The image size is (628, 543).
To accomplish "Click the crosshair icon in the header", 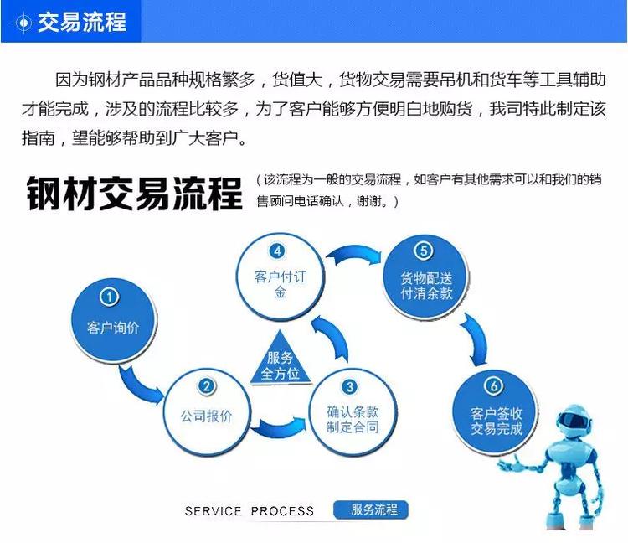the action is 23,23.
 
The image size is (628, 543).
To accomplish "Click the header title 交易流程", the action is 82,22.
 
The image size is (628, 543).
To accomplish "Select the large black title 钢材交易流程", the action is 134,194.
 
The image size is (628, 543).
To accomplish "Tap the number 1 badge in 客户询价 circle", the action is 109,297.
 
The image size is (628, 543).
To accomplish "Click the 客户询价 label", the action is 113,328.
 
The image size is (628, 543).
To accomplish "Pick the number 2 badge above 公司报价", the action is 207,386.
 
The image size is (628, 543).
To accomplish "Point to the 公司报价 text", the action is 206,416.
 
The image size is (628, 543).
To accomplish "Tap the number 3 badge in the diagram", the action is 350,386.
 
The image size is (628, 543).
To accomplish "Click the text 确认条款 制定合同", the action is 353,420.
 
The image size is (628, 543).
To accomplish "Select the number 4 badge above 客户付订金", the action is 277,251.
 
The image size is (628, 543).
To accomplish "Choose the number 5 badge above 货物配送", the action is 424,251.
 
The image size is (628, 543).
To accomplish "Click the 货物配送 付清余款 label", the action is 426,286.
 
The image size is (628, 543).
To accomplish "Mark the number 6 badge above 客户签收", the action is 493,385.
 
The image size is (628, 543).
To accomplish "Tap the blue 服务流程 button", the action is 371,509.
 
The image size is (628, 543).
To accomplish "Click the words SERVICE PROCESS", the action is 250,511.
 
